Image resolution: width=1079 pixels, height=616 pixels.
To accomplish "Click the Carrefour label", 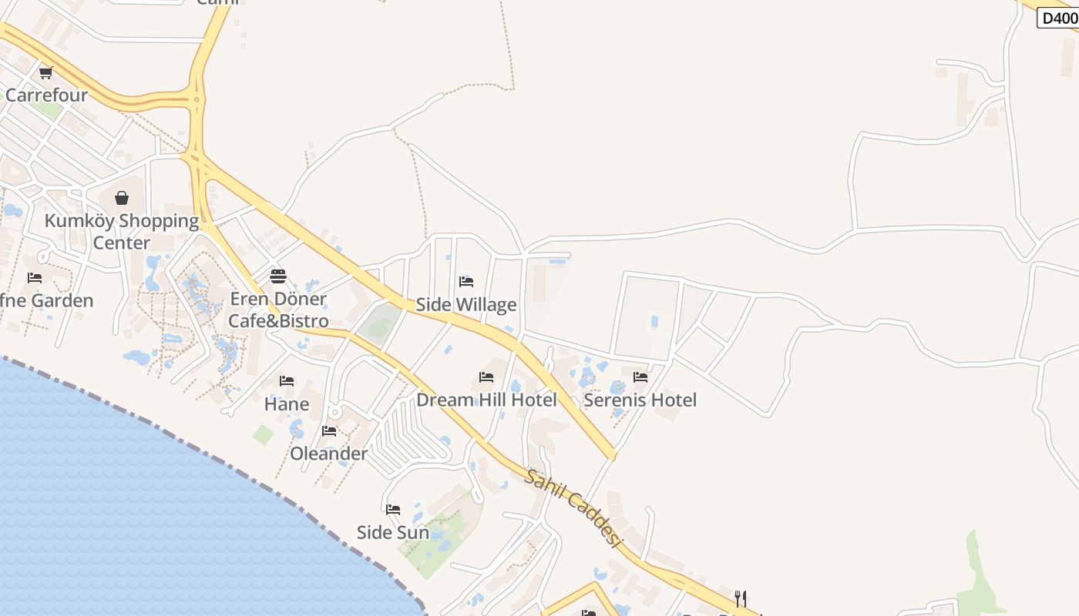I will click(46, 95).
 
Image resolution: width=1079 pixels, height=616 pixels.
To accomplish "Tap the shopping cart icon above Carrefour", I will click(45, 73).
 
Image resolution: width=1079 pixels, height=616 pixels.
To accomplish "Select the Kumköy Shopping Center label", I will click(122, 232).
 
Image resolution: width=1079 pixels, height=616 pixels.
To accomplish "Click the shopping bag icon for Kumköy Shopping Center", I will click(122, 198).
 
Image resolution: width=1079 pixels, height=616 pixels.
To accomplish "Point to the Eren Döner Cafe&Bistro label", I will click(278, 310).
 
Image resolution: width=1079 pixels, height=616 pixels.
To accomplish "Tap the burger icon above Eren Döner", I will click(278, 276).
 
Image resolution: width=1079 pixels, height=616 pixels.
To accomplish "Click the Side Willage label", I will click(466, 305).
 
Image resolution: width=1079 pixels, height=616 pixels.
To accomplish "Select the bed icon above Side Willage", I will click(466, 282).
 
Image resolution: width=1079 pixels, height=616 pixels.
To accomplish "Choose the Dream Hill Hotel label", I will click(486, 400).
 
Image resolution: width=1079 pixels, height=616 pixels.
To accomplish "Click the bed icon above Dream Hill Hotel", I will click(486, 377).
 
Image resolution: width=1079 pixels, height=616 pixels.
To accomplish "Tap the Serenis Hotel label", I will click(640, 400).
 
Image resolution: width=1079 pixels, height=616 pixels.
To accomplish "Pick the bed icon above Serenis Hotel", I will click(640, 377).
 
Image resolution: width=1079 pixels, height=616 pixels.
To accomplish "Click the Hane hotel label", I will click(287, 404).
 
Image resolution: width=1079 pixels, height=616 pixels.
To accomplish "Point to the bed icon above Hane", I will click(287, 381).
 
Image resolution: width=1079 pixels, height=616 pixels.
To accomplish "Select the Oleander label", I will click(329, 454).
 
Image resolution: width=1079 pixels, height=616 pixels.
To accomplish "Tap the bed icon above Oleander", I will click(329, 431).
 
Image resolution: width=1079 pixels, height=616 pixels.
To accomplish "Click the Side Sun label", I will click(393, 533).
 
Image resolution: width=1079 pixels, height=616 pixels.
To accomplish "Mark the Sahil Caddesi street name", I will click(573, 507).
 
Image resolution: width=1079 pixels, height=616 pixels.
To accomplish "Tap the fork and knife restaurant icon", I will click(740, 598).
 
